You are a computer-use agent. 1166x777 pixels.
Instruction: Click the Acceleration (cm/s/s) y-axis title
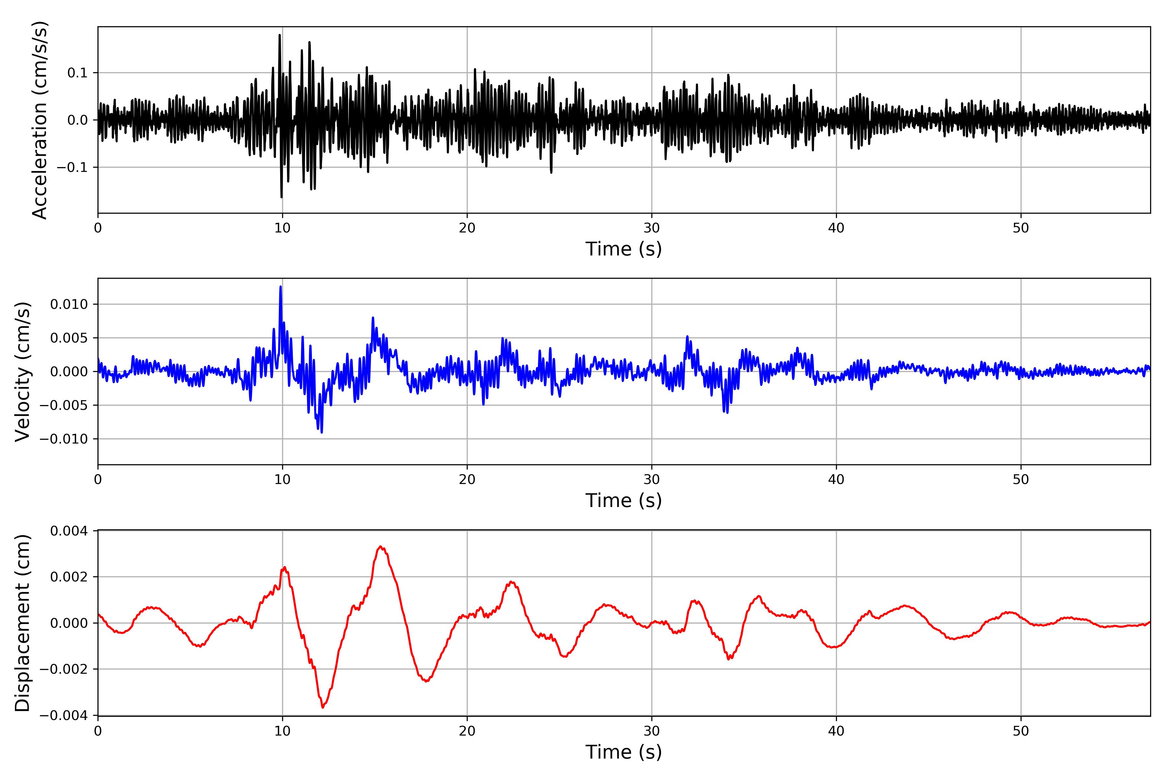pyautogui.click(x=40, y=120)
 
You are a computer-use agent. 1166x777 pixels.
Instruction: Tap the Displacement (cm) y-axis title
pyautogui.click(x=23, y=623)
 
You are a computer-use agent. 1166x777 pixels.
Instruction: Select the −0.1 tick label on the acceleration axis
pyautogui.click(x=72, y=167)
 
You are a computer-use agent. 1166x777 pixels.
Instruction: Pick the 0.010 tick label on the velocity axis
pyautogui.click(x=69, y=304)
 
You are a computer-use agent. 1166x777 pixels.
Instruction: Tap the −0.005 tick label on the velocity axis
pyautogui.click(x=64, y=405)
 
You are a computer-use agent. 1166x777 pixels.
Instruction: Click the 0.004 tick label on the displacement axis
pyautogui.click(x=69, y=531)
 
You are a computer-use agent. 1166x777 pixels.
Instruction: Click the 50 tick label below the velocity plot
pyautogui.click(x=1021, y=480)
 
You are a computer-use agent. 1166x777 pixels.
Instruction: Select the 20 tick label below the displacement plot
pyautogui.click(x=467, y=731)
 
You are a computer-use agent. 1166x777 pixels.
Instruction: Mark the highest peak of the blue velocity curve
pyautogui.click(x=280, y=287)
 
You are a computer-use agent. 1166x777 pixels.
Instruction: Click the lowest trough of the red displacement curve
pyautogui.click(x=323, y=707)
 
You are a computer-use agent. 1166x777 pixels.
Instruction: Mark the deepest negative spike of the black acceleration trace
pyautogui.click(x=281, y=197)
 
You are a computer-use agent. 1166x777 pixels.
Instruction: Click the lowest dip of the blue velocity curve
pyautogui.click(x=322, y=433)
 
